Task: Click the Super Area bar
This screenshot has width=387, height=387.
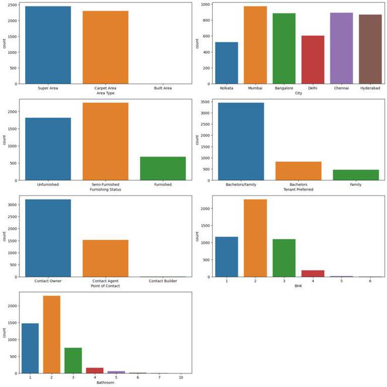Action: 47,45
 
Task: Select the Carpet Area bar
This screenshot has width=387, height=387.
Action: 105,47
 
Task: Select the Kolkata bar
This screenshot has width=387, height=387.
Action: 227,63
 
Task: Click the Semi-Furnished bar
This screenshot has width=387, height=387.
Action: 105,141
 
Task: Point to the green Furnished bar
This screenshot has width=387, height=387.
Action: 162,168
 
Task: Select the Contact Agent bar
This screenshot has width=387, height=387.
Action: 105,258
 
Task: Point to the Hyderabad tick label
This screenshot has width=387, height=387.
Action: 370,88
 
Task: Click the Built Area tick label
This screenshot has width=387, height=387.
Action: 162,88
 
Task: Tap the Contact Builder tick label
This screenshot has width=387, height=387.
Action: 162,281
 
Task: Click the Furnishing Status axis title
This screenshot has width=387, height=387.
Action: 105,190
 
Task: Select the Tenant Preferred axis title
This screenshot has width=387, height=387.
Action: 298,190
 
